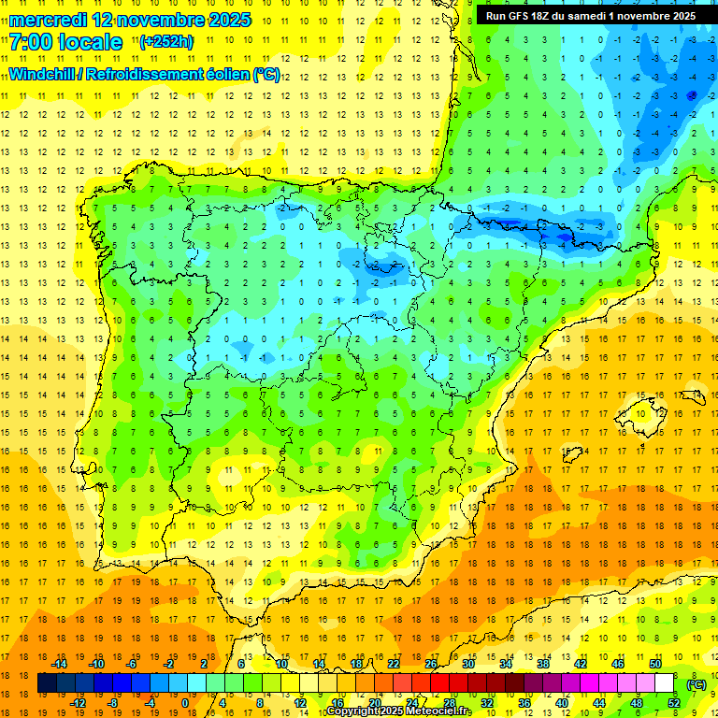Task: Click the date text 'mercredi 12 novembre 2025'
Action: click(x=130, y=20)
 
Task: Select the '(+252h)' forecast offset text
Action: click(x=166, y=41)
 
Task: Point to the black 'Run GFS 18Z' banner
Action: click(x=590, y=16)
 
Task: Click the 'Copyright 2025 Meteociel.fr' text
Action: click(x=398, y=711)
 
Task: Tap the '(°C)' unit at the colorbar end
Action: click(x=696, y=684)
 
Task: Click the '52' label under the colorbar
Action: click(x=673, y=703)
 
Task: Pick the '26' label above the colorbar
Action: click(x=431, y=664)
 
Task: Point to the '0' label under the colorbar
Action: click(x=184, y=703)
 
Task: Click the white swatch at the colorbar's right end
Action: click(x=665, y=683)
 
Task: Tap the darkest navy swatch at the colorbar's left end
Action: click(x=48, y=683)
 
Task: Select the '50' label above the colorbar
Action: click(x=654, y=664)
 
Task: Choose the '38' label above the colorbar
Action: click(x=542, y=664)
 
